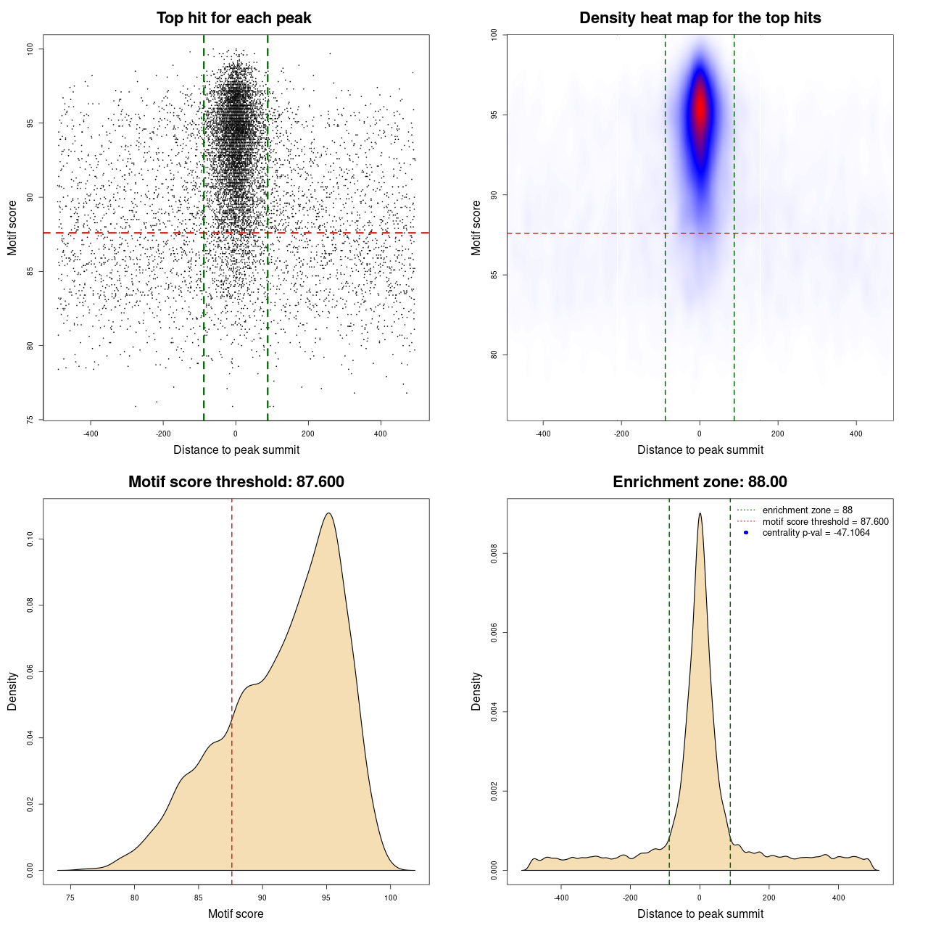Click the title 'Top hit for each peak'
coord(233,18)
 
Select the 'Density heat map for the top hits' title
coord(700,18)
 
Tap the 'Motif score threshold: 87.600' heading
coord(236,482)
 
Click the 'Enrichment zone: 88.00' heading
coord(700,482)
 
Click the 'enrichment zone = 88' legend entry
coord(807,510)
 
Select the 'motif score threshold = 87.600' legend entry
coord(825,521)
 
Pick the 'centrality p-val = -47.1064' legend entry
coord(816,533)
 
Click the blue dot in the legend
coord(746,533)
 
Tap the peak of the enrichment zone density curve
coord(700,513)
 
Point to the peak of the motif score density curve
coord(329,513)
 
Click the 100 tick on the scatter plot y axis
coord(30,49)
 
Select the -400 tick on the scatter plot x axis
coord(91,434)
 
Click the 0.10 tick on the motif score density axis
coord(30,539)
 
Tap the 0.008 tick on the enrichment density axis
coord(494,554)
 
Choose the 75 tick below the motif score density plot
coord(70,898)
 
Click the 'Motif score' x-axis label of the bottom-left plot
coord(236,913)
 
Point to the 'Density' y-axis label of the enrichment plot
coord(476,691)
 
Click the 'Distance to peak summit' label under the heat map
coord(700,449)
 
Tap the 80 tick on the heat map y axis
coord(494,355)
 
